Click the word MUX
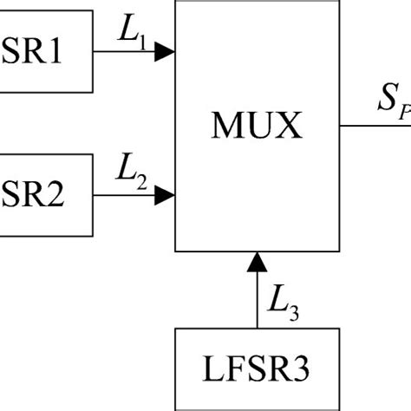(x=256, y=127)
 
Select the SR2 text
(x=32, y=197)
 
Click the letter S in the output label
(x=384, y=101)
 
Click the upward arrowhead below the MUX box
(x=256, y=260)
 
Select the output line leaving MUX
(x=373, y=125)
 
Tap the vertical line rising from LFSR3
(x=256, y=299)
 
